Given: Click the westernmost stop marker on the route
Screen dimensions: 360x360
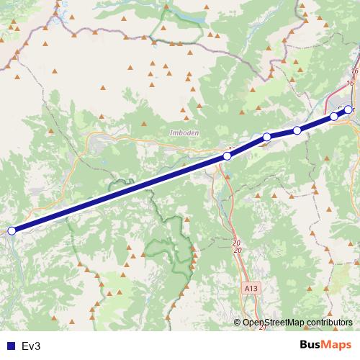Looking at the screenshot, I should click(12, 230).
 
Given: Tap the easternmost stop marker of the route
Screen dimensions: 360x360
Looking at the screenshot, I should click(348, 109).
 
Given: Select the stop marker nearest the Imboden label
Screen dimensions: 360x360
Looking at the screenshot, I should click(228, 156).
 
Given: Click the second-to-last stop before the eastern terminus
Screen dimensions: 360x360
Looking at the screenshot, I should click(334, 116).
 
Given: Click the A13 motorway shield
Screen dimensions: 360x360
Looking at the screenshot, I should click(250, 287).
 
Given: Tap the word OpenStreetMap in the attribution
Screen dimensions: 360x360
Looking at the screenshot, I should click(274, 322).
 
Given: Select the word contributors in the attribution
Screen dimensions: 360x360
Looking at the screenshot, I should click(330, 322).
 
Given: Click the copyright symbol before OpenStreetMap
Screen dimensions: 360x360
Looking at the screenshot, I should click(237, 322).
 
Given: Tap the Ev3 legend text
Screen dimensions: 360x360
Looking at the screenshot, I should click(31, 346).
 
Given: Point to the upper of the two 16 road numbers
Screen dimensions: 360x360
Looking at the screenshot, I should click(353, 72).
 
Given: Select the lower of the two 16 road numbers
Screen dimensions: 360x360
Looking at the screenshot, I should click(350, 84).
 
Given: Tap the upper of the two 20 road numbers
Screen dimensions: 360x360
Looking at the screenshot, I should click(236, 243).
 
